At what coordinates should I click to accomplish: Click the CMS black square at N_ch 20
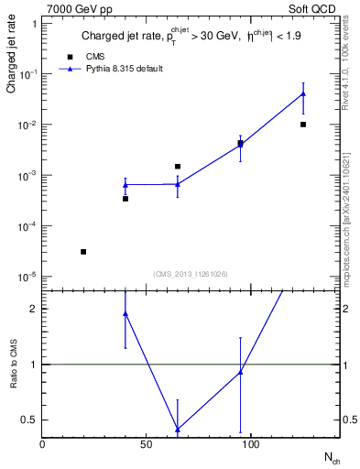(83, 252)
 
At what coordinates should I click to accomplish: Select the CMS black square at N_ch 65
(178, 167)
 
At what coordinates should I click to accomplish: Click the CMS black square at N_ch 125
(303, 125)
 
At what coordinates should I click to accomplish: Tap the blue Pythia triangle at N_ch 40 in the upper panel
(125, 185)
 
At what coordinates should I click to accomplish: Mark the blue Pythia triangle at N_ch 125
(303, 94)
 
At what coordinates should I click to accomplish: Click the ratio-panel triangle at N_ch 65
(178, 429)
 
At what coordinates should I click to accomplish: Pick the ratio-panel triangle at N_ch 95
(240, 372)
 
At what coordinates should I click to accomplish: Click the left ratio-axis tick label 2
(32, 309)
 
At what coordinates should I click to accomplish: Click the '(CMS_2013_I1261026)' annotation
(190, 274)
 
